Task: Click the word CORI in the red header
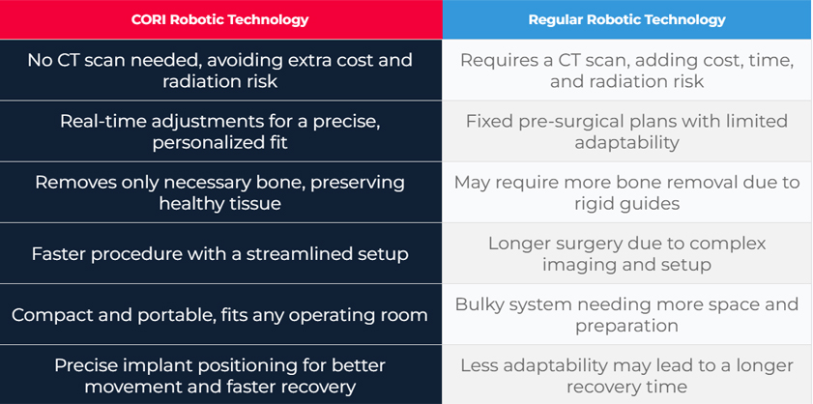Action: coord(149,19)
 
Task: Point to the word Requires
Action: coord(496,60)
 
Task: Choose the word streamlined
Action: coord(301,254)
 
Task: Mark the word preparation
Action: coord(626,326)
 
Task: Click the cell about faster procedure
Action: coord(220,253)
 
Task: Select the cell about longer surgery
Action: coord(627,253)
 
